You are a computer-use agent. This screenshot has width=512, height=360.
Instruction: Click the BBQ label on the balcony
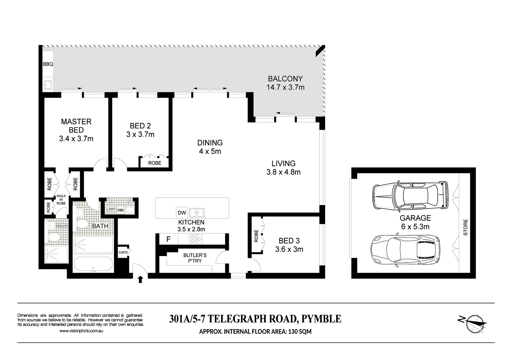coord(48,64)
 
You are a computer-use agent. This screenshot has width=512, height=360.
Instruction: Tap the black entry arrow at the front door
coord(140,279)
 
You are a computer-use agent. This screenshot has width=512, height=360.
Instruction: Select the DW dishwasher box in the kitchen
coord(182,213)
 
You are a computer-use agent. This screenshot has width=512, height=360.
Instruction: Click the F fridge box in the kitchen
coord(168,239)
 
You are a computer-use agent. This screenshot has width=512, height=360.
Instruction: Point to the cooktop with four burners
coord(196,239)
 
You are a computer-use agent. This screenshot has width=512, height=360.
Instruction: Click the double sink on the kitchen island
coord(196,213)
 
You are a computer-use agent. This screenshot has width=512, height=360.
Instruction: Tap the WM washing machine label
coord(120,210)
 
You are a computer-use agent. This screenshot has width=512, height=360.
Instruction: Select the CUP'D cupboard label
coord(123,253)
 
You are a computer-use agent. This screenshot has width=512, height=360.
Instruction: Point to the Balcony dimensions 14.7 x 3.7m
coord(285,88)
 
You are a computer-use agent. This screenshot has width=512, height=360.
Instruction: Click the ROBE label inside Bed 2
coord(155,163)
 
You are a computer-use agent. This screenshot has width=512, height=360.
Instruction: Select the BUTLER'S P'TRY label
coord(195,258)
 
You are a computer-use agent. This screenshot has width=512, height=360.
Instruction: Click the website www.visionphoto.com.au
coord(81,331)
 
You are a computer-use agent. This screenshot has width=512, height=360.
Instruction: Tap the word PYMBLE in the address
coord(321,319)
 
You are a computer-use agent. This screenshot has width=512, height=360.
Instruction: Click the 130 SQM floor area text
coord(298,332)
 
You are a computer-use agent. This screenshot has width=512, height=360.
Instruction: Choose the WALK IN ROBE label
coord(61,199)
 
